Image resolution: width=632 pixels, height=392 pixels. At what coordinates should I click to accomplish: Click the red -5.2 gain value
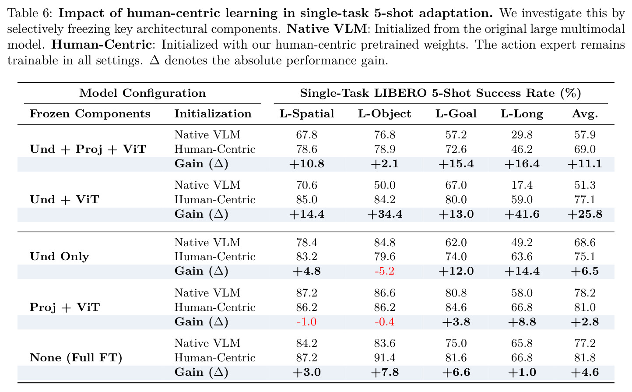click(x=384, y=271)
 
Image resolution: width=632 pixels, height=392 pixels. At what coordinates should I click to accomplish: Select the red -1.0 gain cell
click(x=306, y=321)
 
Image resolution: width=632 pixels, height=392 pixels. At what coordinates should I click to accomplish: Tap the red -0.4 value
click(x=384, y=321)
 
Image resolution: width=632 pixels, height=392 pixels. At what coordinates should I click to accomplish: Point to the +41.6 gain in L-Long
click(x=522, y=214)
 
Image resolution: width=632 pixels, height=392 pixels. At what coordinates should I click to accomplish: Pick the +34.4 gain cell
click(x=385, y=214)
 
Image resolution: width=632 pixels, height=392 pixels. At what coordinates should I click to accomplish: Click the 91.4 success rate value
click(x=385, y=357)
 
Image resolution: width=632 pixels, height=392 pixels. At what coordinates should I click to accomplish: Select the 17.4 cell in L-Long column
click(x=522, y=185)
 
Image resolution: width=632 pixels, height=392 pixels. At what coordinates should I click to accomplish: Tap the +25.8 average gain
click(x=585, y=214)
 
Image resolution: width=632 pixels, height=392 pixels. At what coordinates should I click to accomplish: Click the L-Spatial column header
click(x=307, y=114)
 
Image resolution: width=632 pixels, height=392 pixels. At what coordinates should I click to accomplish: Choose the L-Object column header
click(x=385, y=114)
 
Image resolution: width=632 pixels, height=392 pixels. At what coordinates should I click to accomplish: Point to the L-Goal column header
click(x=456, y=114)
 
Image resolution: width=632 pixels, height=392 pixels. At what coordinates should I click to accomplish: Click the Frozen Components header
click(x=90, y=114)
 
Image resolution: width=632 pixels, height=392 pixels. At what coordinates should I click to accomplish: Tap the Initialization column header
click(x=213, y=114)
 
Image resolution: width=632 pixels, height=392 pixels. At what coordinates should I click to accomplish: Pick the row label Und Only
click(x=59, y=256)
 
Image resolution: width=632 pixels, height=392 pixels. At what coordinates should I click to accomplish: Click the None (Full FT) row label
click(x=76, y=358)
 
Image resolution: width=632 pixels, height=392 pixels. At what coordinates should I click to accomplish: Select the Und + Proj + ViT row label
click(x=88, y=149)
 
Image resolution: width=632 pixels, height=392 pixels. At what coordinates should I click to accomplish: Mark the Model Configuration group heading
click(x=143, y=93)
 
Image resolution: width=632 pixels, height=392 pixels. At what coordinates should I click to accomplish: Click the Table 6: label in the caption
click(x=30, y=13)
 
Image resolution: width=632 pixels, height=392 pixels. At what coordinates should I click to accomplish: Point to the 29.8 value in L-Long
click(x=522, y=135)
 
